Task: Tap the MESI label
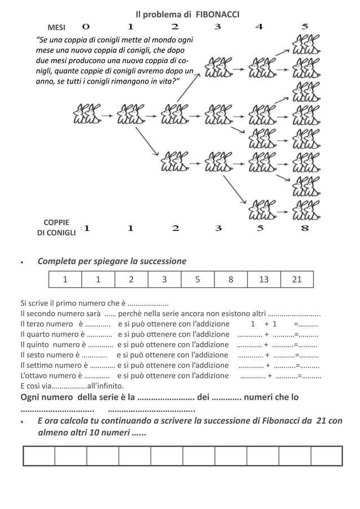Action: pyautogui.click(x=56, y=27)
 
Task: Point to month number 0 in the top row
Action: pyautogui.click(x=86, y=27)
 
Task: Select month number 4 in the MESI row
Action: pyautogui.click(x=260, y=27)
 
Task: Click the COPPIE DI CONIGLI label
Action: pyautogui.click(x=56, y=227)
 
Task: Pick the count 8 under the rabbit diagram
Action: pyautogui.click(x=305, y=228)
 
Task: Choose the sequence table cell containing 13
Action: pyautogui.click(x=264, y=279)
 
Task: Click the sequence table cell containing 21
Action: pyautogui.click(x=297, y=279)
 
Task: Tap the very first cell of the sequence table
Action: pyautogui.click(x=65, y=279)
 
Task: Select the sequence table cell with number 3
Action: pyautogui.click(x=164, y=279)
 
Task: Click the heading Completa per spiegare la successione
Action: pyautogui.click(x=112, y=261)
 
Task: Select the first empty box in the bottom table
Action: pyautogui.click(x=39, y=456)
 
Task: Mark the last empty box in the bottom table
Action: pyautogui.click(x=327, y=456)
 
